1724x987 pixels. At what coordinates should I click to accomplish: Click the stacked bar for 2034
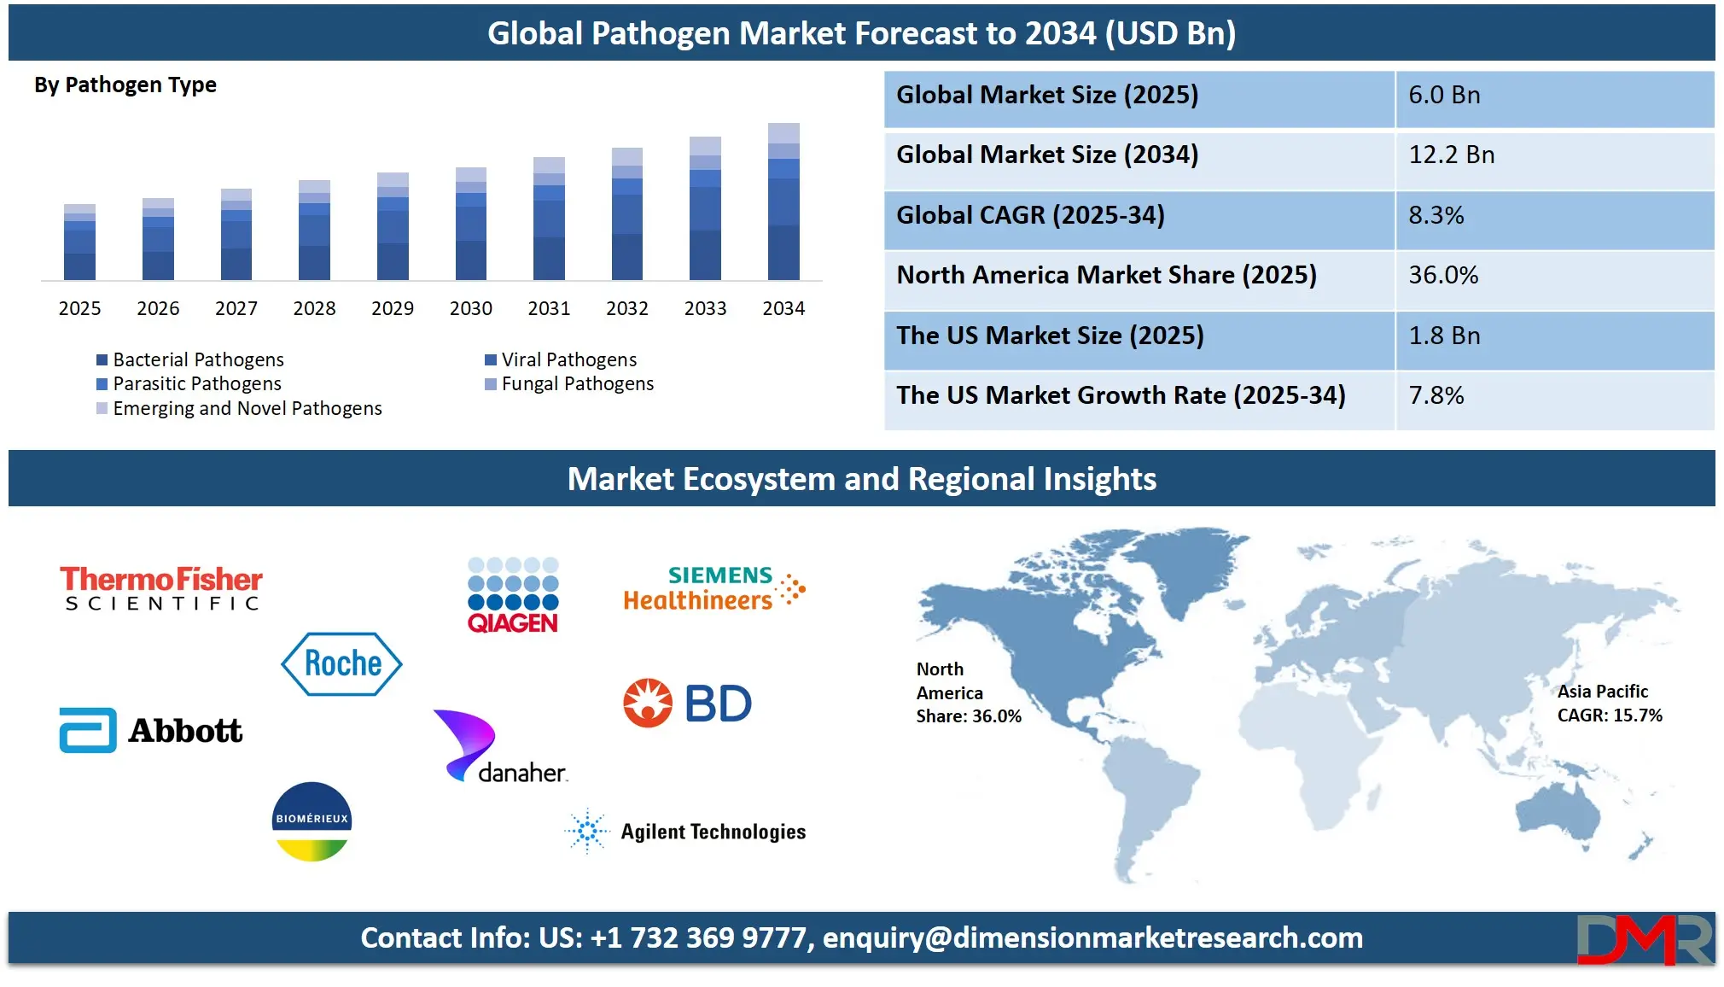[783, 201]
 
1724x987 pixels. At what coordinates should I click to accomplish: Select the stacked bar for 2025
[79, 242]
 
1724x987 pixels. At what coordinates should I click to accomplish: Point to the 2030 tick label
[471, 308]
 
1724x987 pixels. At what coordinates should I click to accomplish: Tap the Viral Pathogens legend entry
[561, 359]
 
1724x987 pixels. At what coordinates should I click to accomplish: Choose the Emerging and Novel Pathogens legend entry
[239, 408]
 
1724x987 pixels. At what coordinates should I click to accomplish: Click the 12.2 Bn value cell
[1451, 155]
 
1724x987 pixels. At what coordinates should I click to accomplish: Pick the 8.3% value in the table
[1436, 215]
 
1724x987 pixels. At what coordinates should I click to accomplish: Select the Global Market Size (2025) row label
[1047, 95]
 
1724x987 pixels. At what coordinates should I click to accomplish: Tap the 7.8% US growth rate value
[1436, 395]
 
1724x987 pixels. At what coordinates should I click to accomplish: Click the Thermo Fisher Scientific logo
[161, 588]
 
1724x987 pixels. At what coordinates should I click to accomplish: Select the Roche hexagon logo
[341, 663]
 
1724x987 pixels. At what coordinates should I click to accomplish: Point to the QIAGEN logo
[513, 595]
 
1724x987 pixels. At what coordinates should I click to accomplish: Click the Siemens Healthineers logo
[714, 588]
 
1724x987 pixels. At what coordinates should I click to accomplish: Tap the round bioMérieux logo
[312, 821]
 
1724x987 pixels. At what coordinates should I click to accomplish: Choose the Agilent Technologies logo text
[713, 832]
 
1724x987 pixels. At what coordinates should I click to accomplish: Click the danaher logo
[500, 746]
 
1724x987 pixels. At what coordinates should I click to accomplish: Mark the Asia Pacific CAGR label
[1610, 703]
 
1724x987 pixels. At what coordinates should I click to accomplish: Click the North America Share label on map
[969, 692]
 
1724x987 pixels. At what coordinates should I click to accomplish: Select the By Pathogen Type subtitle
[125, 85]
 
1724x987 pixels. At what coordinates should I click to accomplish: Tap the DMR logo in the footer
[1645, 939]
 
